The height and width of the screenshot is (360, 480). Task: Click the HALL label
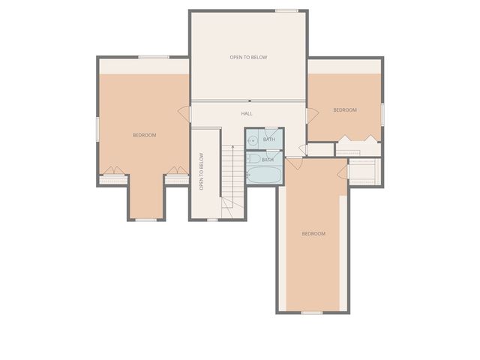(x=247, y=113)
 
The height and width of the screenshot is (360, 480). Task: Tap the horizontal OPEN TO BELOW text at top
(x=248, y=57)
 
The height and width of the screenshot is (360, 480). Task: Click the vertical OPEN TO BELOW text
(x=201, y=172)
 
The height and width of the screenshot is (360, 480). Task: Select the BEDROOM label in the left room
(x=144, y=135)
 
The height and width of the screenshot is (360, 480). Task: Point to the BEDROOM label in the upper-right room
(x=345, y=110)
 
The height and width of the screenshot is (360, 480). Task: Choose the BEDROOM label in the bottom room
(x=313, y=234)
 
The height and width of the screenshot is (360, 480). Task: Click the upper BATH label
(x=269, y=139)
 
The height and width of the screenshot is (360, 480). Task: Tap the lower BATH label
(x=268, y=159)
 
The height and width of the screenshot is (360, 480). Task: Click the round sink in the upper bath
(x=253, y=140)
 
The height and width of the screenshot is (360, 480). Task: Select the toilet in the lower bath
(x=253, y=159)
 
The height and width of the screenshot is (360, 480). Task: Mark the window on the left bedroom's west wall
(x=97, y=127)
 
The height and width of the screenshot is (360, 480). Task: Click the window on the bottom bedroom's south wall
(x=312, y=312)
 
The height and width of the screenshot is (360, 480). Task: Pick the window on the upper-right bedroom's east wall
(x=382, y=114)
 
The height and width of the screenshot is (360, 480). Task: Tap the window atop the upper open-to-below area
(x=286, y=10)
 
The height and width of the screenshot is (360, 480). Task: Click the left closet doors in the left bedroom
(x=111, y=171)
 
